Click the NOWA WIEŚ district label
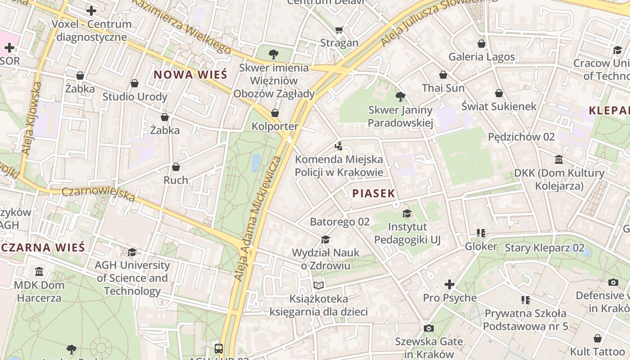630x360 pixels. click(191, 75)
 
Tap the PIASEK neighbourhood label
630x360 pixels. click(373, 193)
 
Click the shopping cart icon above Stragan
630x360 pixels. click(339, 30)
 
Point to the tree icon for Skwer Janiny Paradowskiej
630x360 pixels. click(400, 97)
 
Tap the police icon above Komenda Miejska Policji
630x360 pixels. click(339, 146)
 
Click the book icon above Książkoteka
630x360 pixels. click(319, 285)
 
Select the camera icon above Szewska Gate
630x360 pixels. click(429, 328)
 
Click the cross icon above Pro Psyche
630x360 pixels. click(449, 284)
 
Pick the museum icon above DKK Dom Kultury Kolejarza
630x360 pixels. click(559, 160)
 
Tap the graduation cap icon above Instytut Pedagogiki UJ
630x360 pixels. click(407, 213)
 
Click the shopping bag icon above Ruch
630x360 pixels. click(175, 167)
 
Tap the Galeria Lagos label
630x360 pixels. click(481, 57)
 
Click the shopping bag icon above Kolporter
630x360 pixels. click(274, 113)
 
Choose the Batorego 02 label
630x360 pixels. click(339, 221)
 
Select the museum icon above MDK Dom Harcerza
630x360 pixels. click(39, 272)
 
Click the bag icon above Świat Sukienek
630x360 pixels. click(499, 93)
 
